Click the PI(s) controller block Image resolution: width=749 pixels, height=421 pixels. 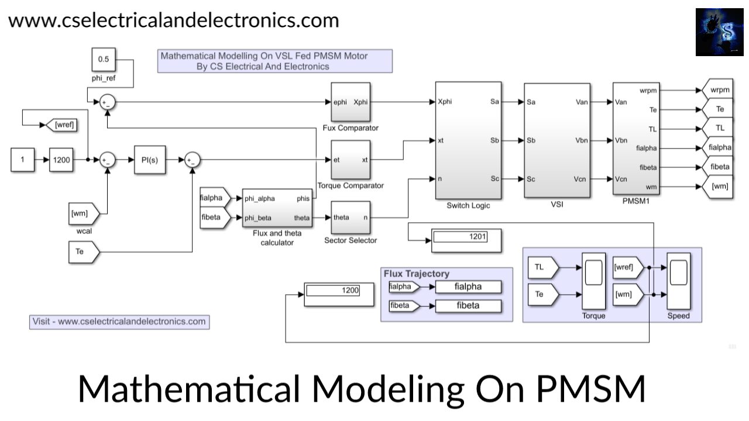pos(149,160)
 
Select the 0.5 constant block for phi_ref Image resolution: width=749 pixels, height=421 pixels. pos(104,59)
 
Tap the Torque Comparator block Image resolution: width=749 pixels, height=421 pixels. pos(351,160)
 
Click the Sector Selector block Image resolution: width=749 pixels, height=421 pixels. pos(351,218)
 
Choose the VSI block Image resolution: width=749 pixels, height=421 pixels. pos(556,140)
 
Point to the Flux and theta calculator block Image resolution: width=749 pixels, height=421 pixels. pos(277,208)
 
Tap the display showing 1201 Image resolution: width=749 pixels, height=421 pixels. pos(466,240)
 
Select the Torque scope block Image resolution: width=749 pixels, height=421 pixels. pos(593,282)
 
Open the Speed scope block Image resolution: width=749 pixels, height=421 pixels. pos(679,282)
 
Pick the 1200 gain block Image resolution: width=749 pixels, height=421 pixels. pos(61,160)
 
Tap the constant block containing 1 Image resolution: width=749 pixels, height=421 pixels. pos(22,160)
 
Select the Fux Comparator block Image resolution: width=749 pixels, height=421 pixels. pos(351,102)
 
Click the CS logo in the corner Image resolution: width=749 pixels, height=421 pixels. pos(719,32)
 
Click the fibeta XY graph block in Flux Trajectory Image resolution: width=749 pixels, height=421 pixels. pos(468,305)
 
